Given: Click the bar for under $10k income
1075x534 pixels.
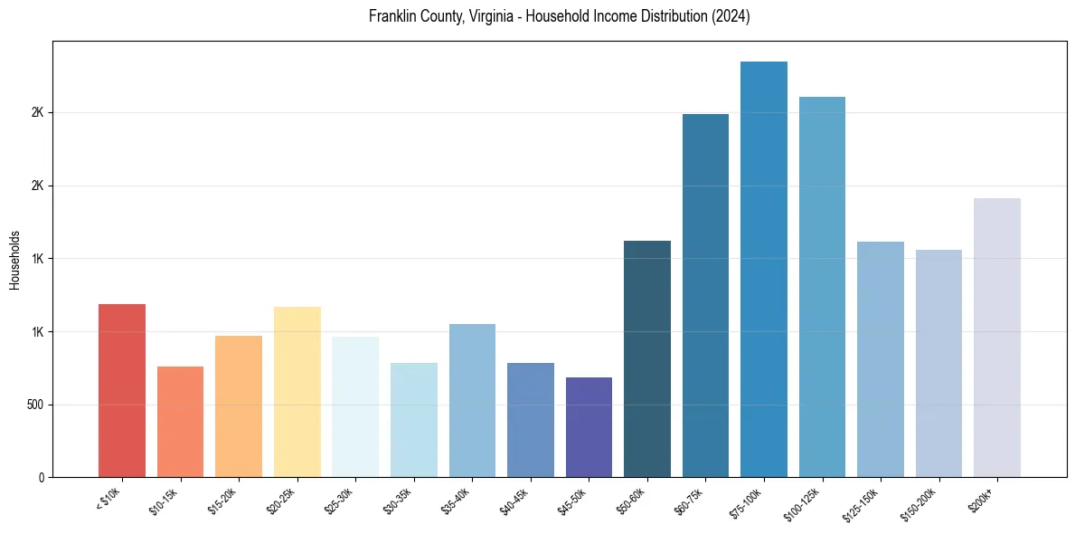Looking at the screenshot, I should [x=122, y=390].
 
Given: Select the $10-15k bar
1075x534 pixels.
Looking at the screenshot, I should [x=180, y=422].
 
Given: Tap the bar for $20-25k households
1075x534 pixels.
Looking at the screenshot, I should [x=297, y=392].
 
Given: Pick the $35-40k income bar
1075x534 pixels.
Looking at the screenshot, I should [x=472, y=400].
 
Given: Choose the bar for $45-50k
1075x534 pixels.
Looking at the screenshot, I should [x=589, y=427].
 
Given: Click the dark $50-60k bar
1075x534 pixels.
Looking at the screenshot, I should [x=647, y=358].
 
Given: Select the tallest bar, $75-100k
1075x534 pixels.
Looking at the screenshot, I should [x=764, y=269].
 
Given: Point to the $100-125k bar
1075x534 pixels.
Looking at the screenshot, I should [x=822, y=287].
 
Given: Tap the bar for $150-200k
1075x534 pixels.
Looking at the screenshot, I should [x=938, y=363].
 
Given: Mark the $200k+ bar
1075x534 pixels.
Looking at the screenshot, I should [x=997, y=338].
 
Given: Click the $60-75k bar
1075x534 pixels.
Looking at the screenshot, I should [x=705, y=295].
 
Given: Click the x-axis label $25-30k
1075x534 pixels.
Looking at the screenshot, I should [x=339, y=501].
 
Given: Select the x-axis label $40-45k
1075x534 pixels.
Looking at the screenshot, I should [x=514, y=501].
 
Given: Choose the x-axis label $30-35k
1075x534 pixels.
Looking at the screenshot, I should [x=398, y=501].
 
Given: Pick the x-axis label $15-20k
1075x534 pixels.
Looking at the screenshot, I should [x=222, y=501].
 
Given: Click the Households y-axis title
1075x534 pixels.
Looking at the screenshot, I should [x=14, y=259].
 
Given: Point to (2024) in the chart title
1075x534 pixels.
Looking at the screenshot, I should [x=731, y=16].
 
